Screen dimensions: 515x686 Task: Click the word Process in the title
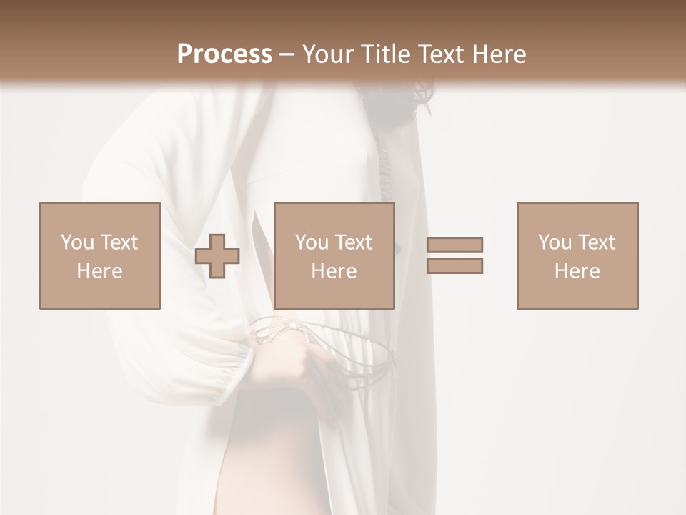(x=224, y=54)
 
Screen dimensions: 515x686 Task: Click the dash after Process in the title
(x=287, y=55)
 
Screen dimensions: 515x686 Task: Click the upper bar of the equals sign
(x=454, y=245)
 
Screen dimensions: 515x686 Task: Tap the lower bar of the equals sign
(x=454, y=265)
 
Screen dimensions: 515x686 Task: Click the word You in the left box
(x=77, y=242)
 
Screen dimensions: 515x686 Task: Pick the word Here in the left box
(x=99, y=271)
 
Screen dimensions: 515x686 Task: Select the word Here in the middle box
(x=334, y=271)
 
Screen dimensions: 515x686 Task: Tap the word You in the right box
(x=555, y=242)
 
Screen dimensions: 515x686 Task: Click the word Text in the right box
(x=597, y=242)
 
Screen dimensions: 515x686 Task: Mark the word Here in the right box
(x=577, y=271)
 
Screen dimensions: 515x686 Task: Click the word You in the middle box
(x=312, y=242)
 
